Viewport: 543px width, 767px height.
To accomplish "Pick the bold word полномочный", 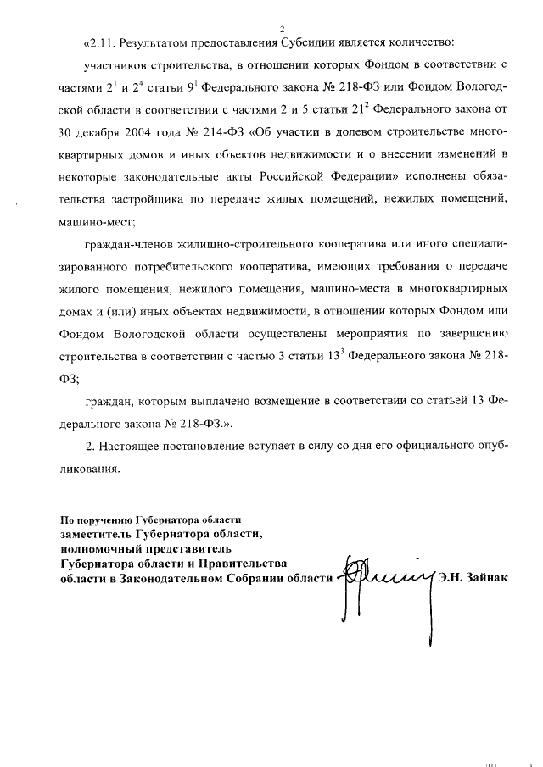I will tap(100, 548).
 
